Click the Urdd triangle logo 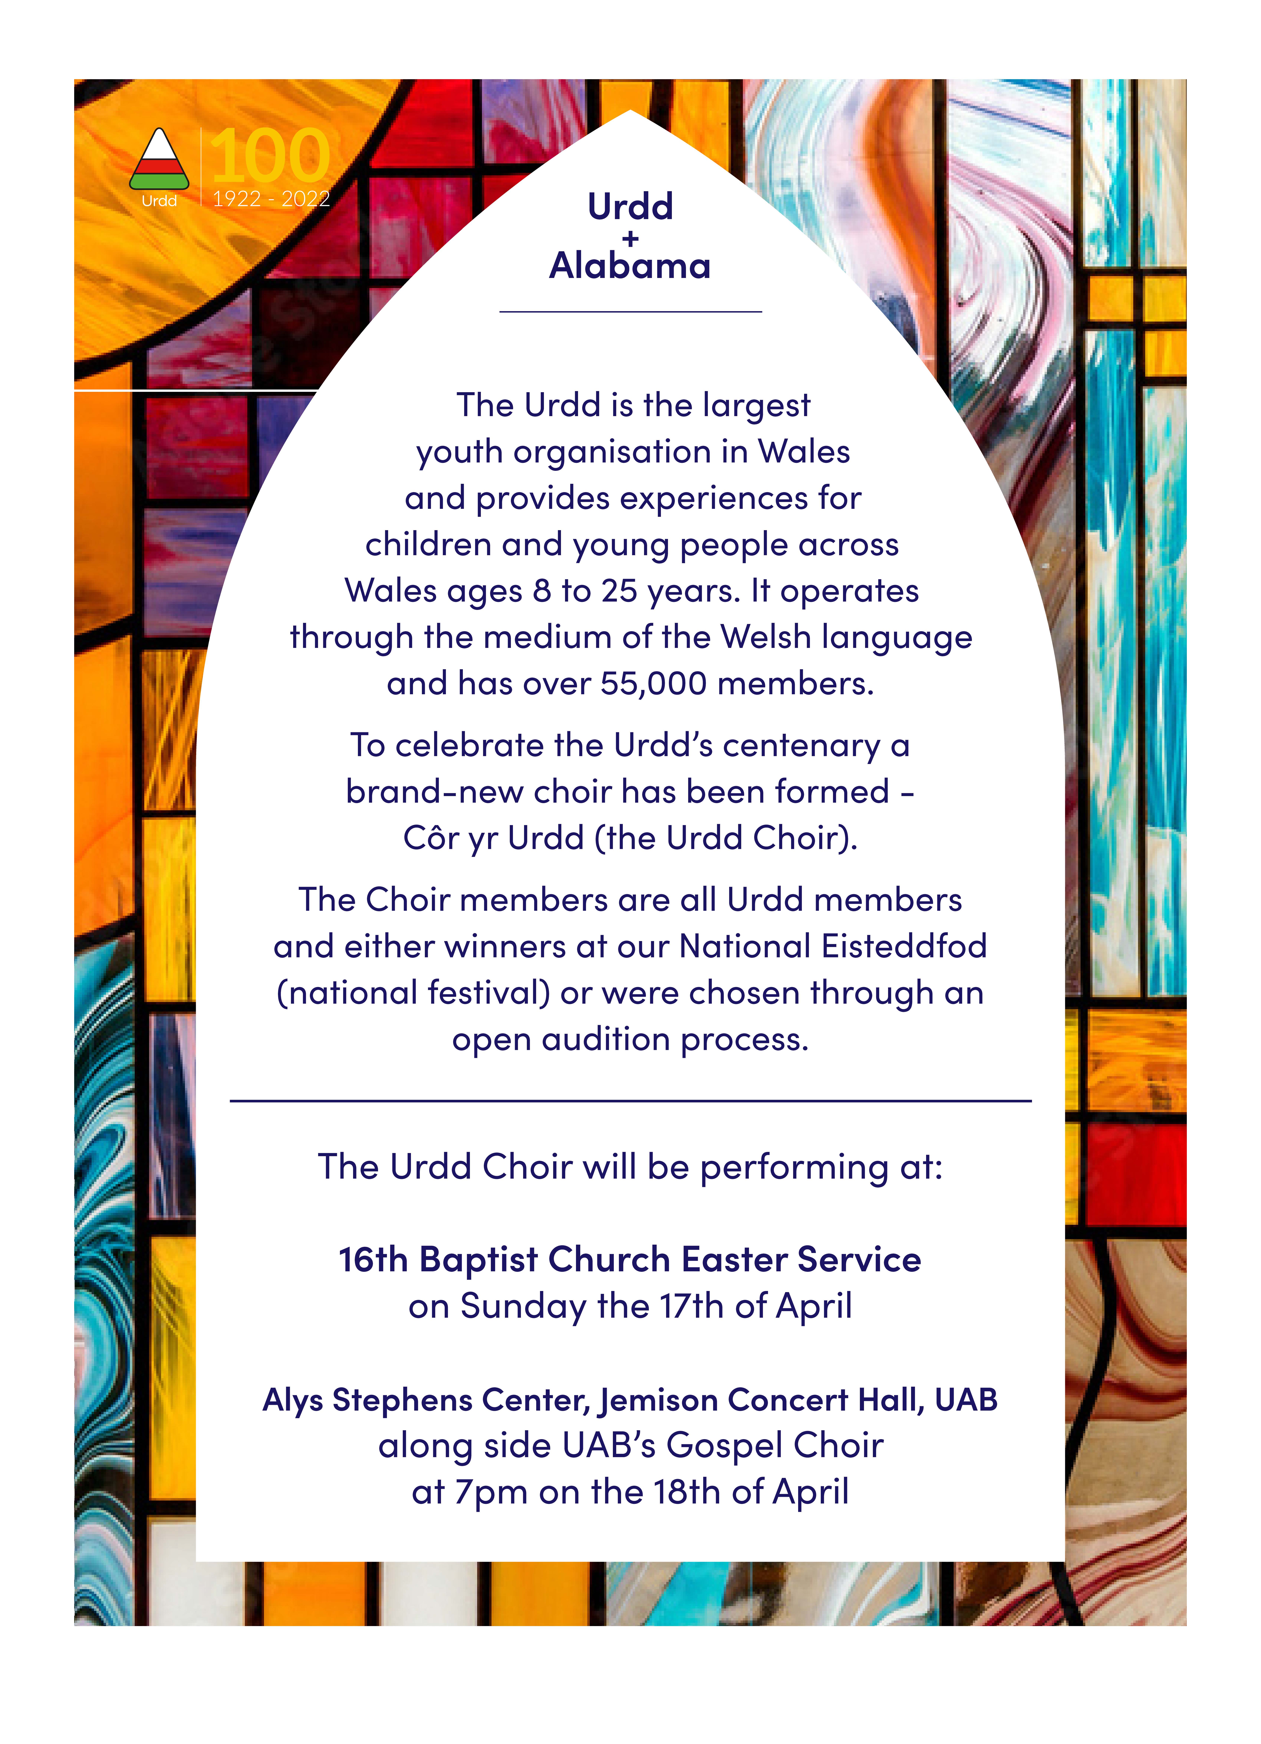click(159, 160)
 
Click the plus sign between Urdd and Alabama click(630, 239)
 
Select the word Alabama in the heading click(630, 266)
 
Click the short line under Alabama click(630, 311)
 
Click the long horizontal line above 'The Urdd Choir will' click(630, 1101)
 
